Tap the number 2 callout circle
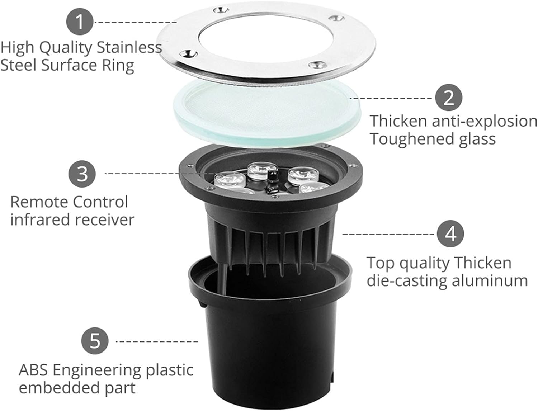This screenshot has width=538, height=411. click(x=449, y=98)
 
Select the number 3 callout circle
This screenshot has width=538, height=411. click(x=82, y=174)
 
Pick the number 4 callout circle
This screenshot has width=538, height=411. click(x=450, y=234)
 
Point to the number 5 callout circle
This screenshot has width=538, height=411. click(x=95, y=340)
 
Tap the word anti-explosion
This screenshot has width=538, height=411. click(x=484, y=121)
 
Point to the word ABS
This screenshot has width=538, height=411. click(x=33, y=370)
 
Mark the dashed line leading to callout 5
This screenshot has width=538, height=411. click(x=157, y=341)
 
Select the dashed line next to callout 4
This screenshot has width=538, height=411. click(x=388, y=234)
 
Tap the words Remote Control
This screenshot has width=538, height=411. click(x=69, y=202)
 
